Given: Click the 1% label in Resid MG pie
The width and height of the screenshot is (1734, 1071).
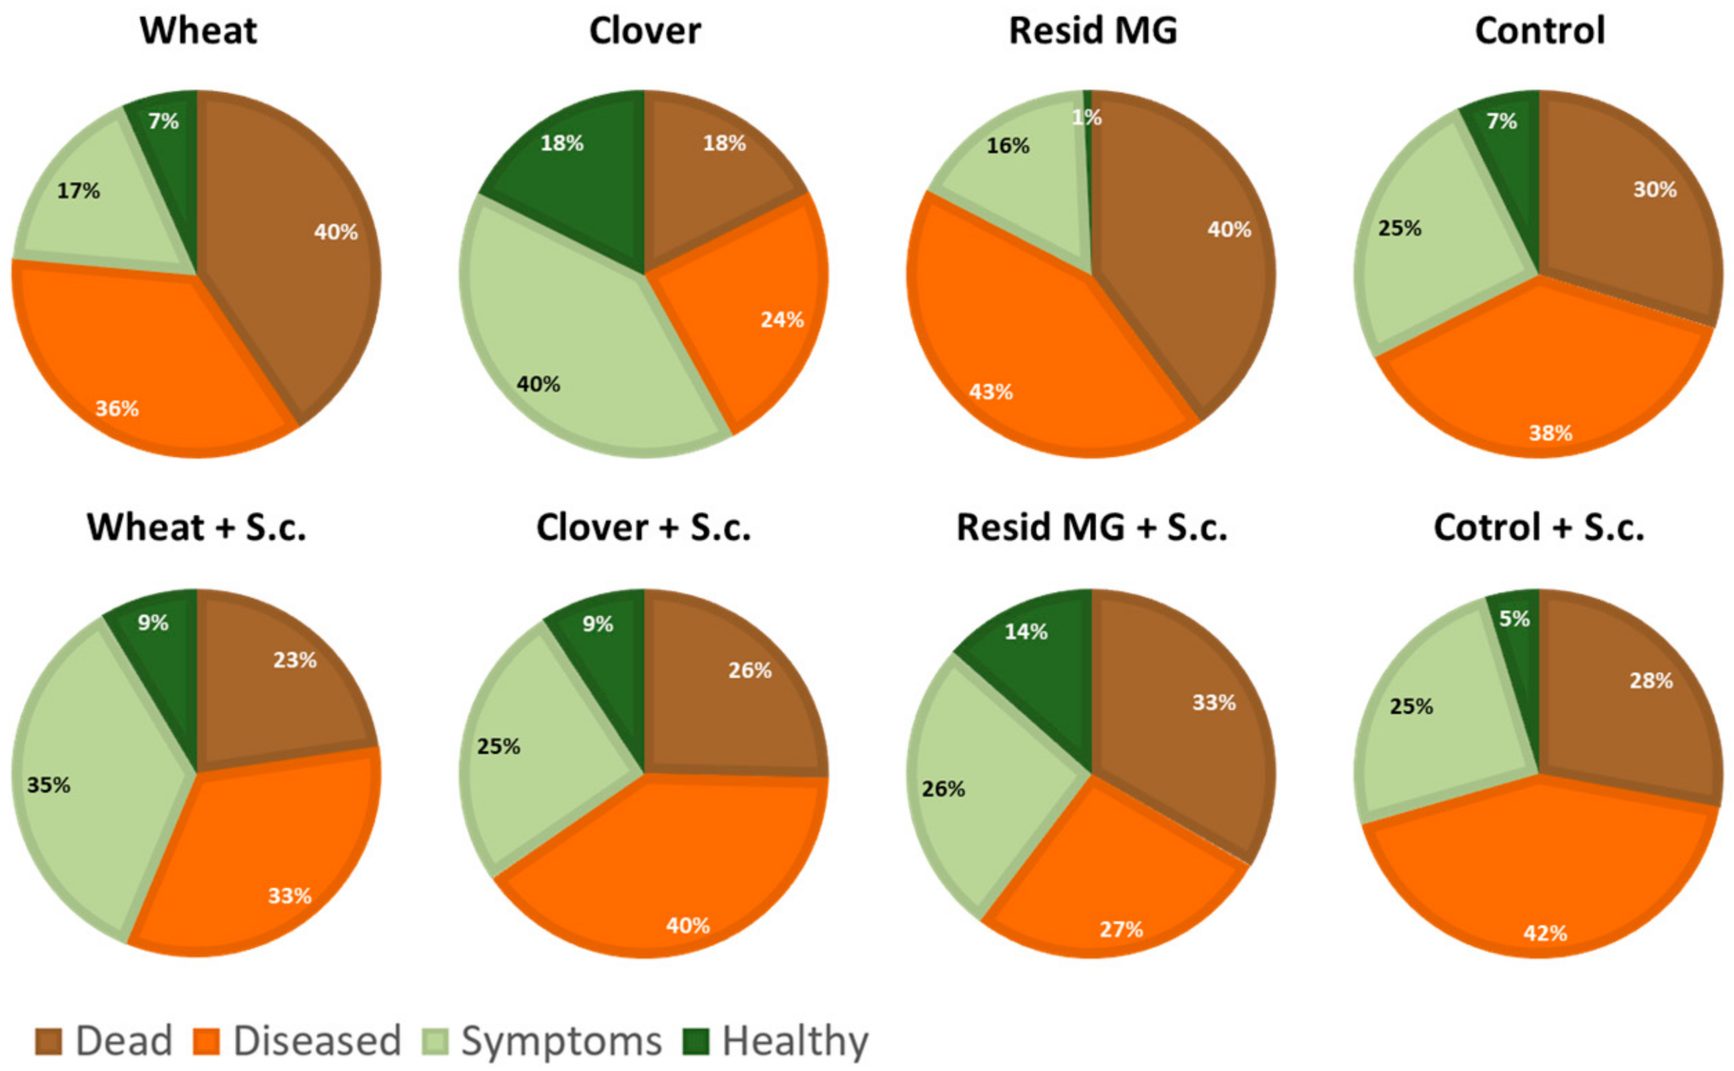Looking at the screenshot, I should coord(1086,117).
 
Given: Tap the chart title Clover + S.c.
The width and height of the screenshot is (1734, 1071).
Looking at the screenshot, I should coord(643,528).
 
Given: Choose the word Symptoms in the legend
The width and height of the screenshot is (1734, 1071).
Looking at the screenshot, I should coord(561,1041).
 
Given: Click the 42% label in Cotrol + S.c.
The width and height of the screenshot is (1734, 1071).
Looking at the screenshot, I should coord(1545,933).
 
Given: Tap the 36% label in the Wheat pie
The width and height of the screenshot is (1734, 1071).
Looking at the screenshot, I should coord(117,409).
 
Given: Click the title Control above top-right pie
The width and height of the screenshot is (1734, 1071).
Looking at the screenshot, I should coord(1539,31).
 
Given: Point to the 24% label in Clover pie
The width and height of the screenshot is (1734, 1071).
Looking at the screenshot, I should coord(782,320).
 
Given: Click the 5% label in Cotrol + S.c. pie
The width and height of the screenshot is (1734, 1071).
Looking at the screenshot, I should coord(1514,619).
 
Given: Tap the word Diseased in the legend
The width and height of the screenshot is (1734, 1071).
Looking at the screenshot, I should coord(318,1041).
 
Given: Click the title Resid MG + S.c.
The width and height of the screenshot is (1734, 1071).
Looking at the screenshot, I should coord(1092,528).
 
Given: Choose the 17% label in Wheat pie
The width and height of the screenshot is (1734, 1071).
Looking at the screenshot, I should coord(78,191).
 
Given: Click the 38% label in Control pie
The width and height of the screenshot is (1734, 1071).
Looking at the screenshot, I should coord(1550,433).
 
